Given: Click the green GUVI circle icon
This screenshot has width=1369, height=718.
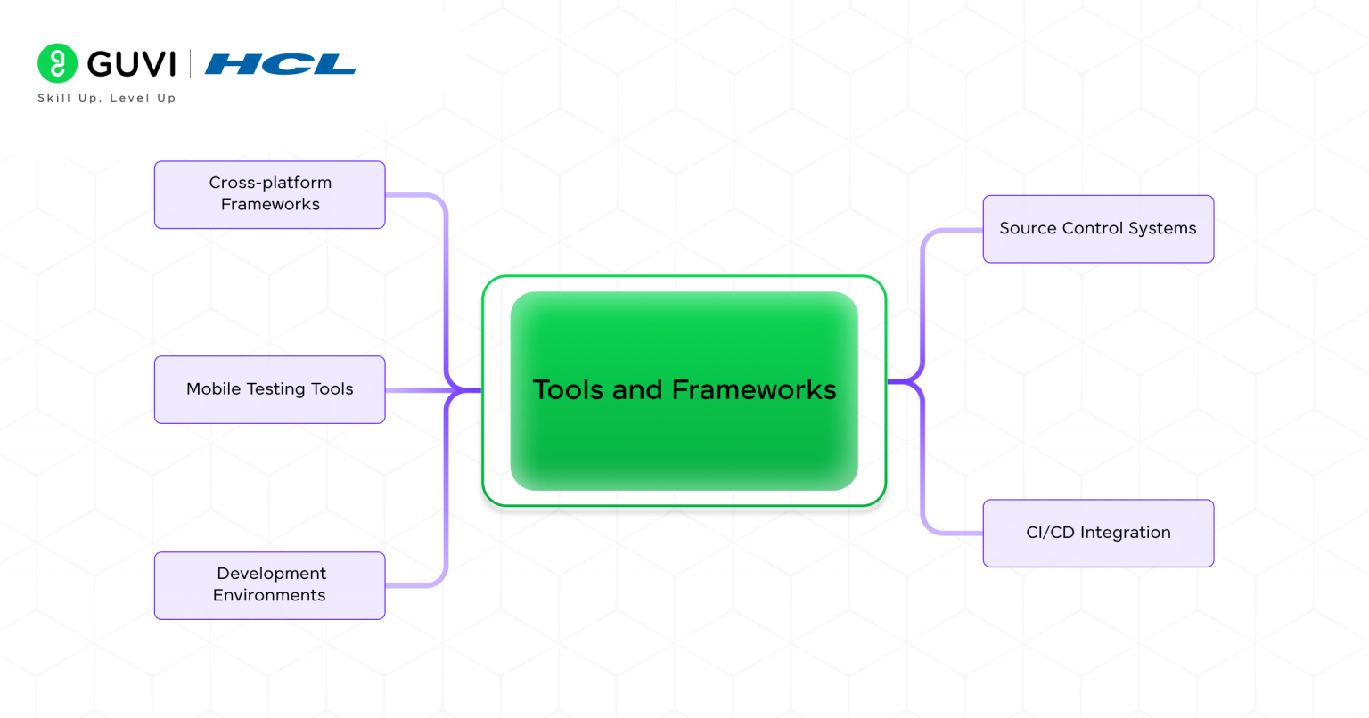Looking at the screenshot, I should (57, 63).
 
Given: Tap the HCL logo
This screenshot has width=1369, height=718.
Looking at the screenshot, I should (280, 64).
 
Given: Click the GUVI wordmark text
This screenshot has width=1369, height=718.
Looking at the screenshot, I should (132, 64).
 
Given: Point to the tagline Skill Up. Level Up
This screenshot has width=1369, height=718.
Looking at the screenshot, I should (106, 98).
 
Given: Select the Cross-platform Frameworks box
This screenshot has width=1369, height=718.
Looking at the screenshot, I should (269, 194).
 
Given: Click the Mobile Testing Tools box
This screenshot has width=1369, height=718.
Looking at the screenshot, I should (269, 389).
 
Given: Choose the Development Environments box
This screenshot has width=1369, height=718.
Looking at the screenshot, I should (269, 585).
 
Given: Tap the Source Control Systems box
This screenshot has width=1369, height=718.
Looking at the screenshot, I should (1098, 229).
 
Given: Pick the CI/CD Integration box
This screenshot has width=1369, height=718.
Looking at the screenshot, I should (1098, 533).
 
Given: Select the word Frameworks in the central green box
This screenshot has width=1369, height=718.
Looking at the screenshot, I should (753, 389).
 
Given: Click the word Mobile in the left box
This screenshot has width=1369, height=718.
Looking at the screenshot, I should (213, 389).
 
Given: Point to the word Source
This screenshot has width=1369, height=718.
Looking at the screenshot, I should (1028, 228).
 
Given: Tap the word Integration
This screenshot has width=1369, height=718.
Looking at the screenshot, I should (1125, 533).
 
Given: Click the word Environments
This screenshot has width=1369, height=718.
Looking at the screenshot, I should (269, 595).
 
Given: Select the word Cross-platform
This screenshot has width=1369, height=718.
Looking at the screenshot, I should (270, 183).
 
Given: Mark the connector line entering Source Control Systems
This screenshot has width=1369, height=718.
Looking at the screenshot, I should (954, 230).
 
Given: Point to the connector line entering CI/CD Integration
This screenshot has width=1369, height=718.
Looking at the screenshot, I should (954, 533).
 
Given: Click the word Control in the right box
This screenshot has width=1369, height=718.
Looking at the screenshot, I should (1093, 228).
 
